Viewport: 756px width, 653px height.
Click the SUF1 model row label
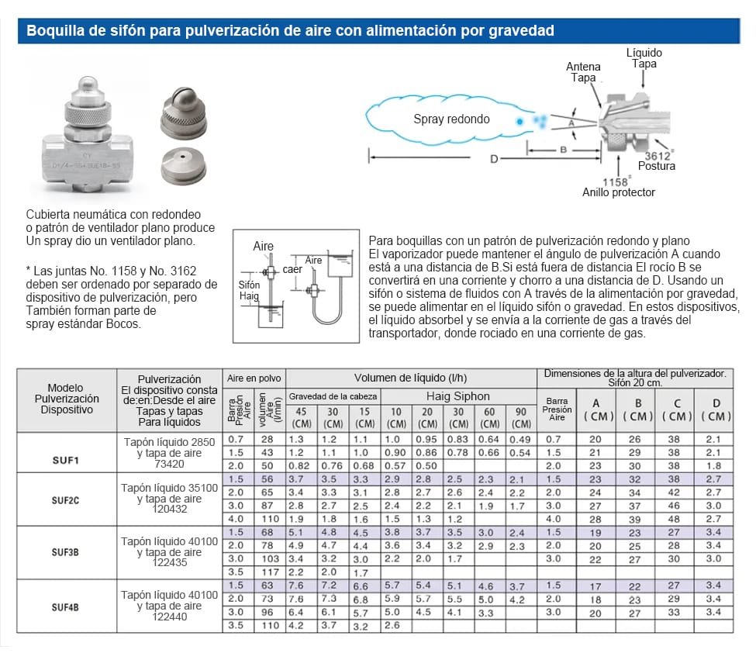(66, 460)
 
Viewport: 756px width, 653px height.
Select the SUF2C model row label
(66, 500)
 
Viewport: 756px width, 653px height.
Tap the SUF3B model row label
(66, 553)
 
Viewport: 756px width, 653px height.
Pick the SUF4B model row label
(66, 607)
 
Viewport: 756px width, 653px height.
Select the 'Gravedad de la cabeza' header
(333, 396)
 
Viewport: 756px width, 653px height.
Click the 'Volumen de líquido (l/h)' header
(410, 378)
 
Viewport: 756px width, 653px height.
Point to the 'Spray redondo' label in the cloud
(451, 119)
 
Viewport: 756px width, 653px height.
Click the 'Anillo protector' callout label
(619, 192)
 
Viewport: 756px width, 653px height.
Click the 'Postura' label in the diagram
(656, 166)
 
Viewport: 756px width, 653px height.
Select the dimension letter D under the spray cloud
(494, 159)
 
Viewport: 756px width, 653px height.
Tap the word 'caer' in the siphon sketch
(292, 269)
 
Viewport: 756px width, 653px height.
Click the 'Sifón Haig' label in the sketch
(249, 290)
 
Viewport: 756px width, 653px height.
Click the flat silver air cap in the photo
(184, 165)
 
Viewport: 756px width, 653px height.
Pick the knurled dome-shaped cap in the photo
(184, 109)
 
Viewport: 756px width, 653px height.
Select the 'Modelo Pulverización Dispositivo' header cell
(66, 399)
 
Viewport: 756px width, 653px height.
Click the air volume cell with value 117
(270, 572)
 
